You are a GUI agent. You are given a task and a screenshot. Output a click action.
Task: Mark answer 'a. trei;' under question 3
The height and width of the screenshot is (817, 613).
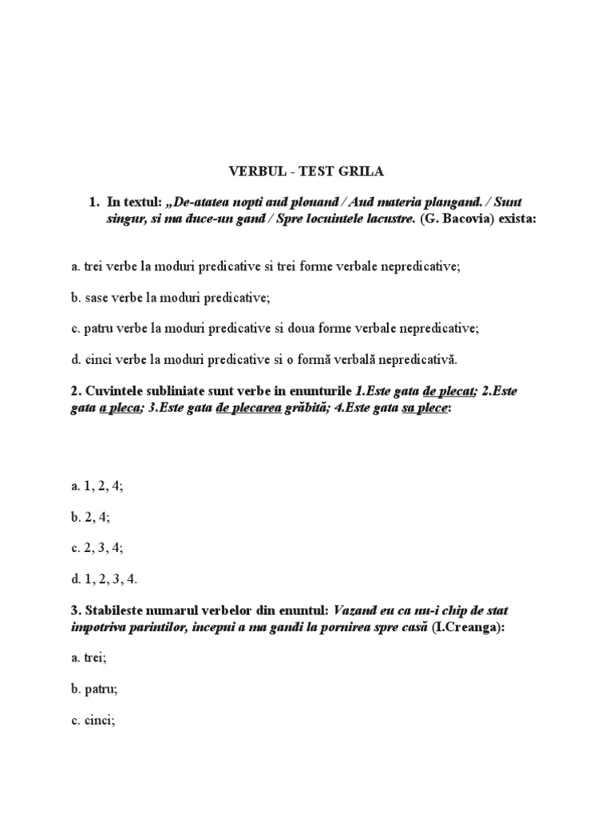pyautogui.click(x=89, y=660)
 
